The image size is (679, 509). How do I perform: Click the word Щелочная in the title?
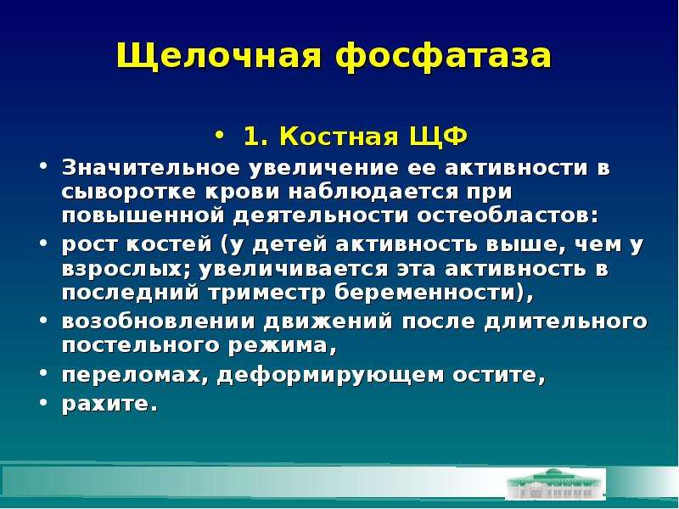tap(219, 56)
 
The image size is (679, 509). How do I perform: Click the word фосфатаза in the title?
tap(443, 56)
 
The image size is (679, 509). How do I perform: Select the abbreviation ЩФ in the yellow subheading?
tap(438, 137)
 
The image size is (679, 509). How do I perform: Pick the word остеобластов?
tap(507, 215)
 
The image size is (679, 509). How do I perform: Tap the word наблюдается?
tap(373, 193)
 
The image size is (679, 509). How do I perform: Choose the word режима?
tap(282, 346)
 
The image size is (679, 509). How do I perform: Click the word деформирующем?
tap(330, 375)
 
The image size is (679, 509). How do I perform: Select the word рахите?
tap(109, 404)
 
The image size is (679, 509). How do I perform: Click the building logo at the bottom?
tap(555, 484)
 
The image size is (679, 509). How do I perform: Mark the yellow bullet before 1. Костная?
tap(220, 136)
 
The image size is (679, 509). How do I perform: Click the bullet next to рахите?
tap(43, 402)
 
